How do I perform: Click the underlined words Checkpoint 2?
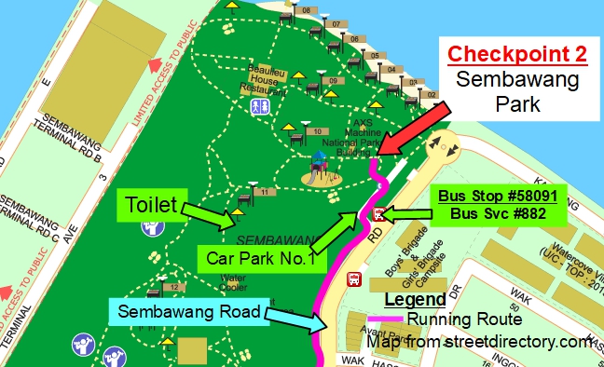point(517,54)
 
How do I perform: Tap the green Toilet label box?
point(152,201)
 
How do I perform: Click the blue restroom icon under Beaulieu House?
point(258,106)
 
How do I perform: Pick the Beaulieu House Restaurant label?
point(266,81)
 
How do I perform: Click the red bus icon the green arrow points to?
point(377,214)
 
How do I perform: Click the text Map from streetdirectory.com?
point(481,342)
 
